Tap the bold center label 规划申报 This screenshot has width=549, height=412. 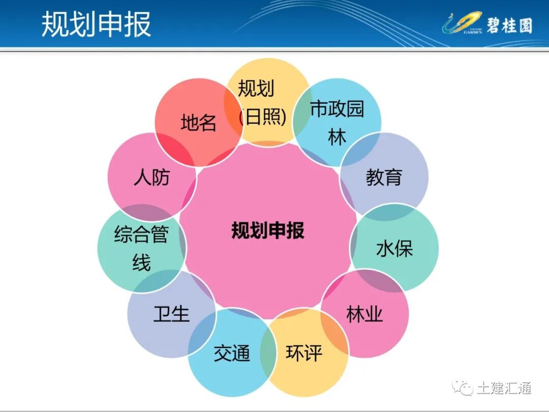pyautogui.click(x=268, y=230)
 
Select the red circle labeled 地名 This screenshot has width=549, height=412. pyautogui.click(x=199, y=123)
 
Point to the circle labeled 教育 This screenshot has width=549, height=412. pyautogui.click(x=384, y=176)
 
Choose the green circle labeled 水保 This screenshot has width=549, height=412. pyautogui.click(x=394, y=248)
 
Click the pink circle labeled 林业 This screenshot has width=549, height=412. pyautogui.click(x=364, y=314)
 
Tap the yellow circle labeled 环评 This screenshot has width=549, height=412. pyautogui.click(x=304, y=353)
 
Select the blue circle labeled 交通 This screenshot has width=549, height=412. pyautogui.click(x=232, y=353)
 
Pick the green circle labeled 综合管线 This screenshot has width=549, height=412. pyautogui.click(x=141, y=248)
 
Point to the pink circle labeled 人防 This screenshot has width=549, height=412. pyautogui.click(x=151, y=177)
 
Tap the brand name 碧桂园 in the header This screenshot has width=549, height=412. pyautogui.click(x=509, y=24)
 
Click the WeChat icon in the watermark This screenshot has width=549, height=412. pyautogui.click(x=463, y=388)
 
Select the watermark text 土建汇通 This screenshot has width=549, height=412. pyautogui.click(x=504, y=388)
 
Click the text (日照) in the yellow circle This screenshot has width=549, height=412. pyautogui.click(x=263, y=117)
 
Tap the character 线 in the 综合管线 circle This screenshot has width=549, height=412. pyautogui.click(x=141, y=263)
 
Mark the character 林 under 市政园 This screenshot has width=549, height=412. pyautogui.click(x=337, y=137)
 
